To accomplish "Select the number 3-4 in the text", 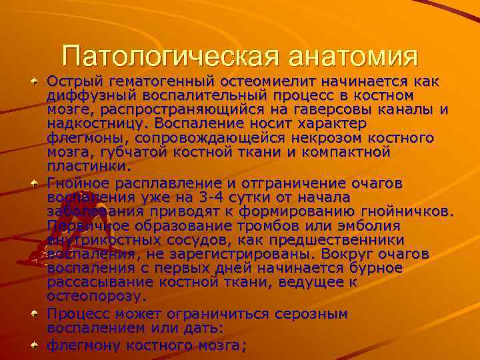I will tap(207, 197).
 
